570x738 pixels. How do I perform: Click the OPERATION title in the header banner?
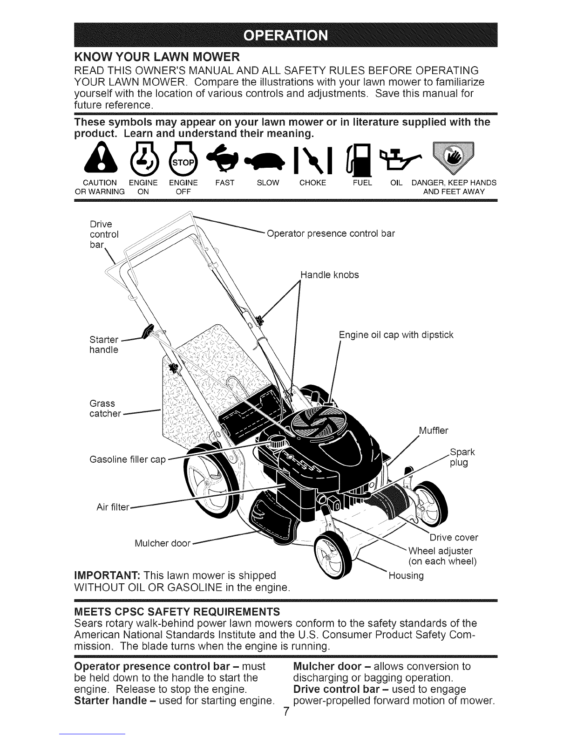(x=286, y=35)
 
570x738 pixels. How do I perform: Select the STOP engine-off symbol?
(x=183, y=160)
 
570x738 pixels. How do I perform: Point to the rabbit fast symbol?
(x=224, y=159)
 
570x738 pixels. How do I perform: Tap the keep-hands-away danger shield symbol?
(x=453, y=158)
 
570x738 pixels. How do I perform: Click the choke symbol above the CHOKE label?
(x=313, y=160)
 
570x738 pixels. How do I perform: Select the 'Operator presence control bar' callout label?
(x=331, y=234)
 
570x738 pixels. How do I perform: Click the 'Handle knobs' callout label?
(x=330, y=275)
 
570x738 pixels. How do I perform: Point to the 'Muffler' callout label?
(x=434, y=430)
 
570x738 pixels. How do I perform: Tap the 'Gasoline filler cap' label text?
(x=128, y=459)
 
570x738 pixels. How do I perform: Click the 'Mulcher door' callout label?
(x=163, y=543)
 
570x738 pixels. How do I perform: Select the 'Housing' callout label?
(x=406, y=576)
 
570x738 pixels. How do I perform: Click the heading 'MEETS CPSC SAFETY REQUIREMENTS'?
(x=177, y=612)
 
